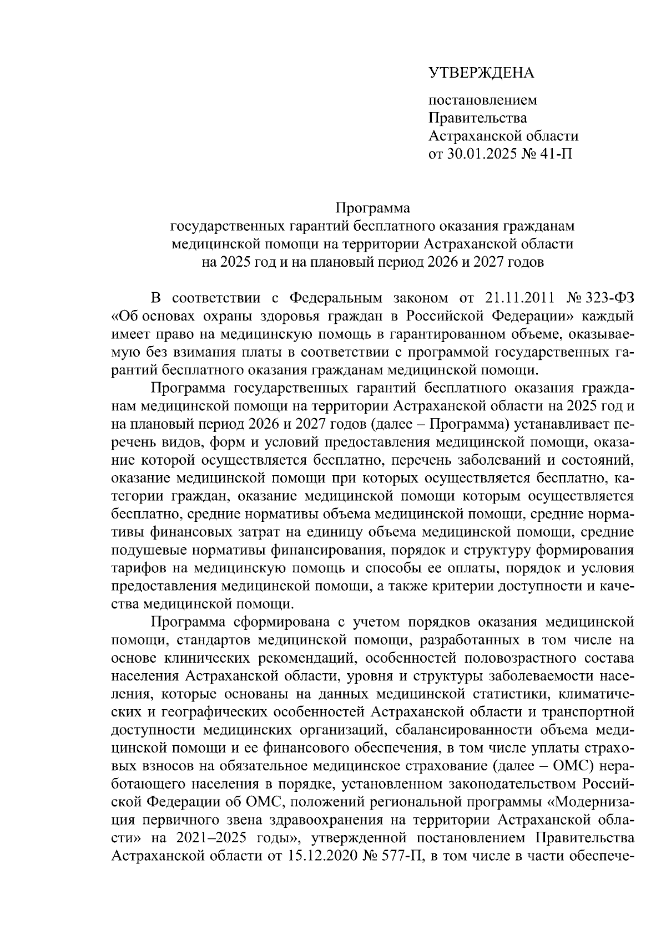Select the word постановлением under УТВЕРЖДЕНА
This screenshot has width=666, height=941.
(x=483, y=100)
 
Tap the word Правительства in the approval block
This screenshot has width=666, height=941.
(x=478, y=118)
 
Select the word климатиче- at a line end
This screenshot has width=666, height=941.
(x=596, y=694)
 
